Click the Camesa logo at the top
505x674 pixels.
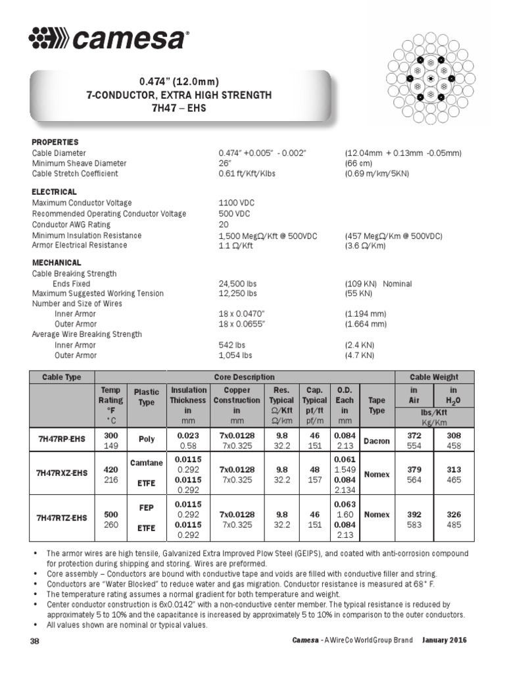click(108, 39)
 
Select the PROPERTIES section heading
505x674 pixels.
click(55, 142)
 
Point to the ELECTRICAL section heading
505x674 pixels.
click(55, 192)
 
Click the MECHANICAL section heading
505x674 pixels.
click(57, 262)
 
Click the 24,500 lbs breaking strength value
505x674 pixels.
click(237, 284)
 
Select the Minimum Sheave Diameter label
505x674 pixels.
click(80, 163)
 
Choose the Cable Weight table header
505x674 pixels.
click(435, 377)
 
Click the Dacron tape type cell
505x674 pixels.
click(377, 440)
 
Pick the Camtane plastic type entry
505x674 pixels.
click(147, 463)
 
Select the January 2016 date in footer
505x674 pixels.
click(445, 641)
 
